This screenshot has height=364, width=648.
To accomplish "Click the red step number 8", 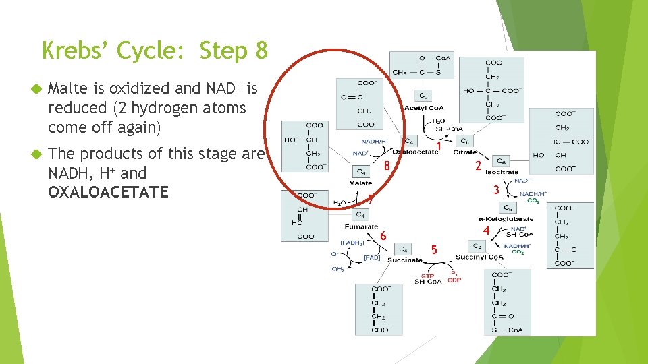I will coord(387,166).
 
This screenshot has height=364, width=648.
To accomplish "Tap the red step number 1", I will coord(439,146).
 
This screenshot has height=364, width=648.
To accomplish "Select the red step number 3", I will coord(496,191).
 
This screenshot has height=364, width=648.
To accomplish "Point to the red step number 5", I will coord(435,250).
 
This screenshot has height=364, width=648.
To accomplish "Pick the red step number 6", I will coord(383,236).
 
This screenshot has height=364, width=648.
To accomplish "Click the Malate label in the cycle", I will coord(360,183).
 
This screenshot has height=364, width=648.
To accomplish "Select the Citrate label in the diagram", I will coord(464,152).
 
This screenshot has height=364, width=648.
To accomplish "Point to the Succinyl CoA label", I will coord(479,257).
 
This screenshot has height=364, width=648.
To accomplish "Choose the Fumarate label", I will coord(361,226).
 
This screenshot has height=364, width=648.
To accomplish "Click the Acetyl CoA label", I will coord(423,109).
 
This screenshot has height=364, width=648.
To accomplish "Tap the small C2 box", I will coord(423,96).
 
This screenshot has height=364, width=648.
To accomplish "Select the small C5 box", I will coord(510,208).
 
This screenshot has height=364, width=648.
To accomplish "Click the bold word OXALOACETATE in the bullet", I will coord(108,192).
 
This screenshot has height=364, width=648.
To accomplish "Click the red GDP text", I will coord(454,280).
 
